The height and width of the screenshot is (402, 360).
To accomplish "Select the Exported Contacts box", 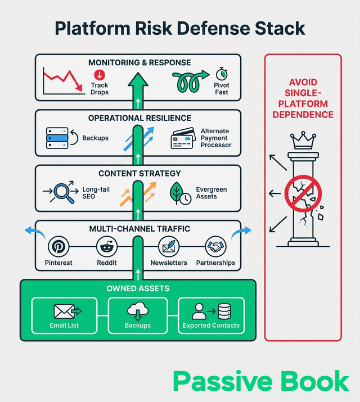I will tap(211, 314).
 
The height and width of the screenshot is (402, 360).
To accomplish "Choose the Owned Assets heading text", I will tap(138, 288).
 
